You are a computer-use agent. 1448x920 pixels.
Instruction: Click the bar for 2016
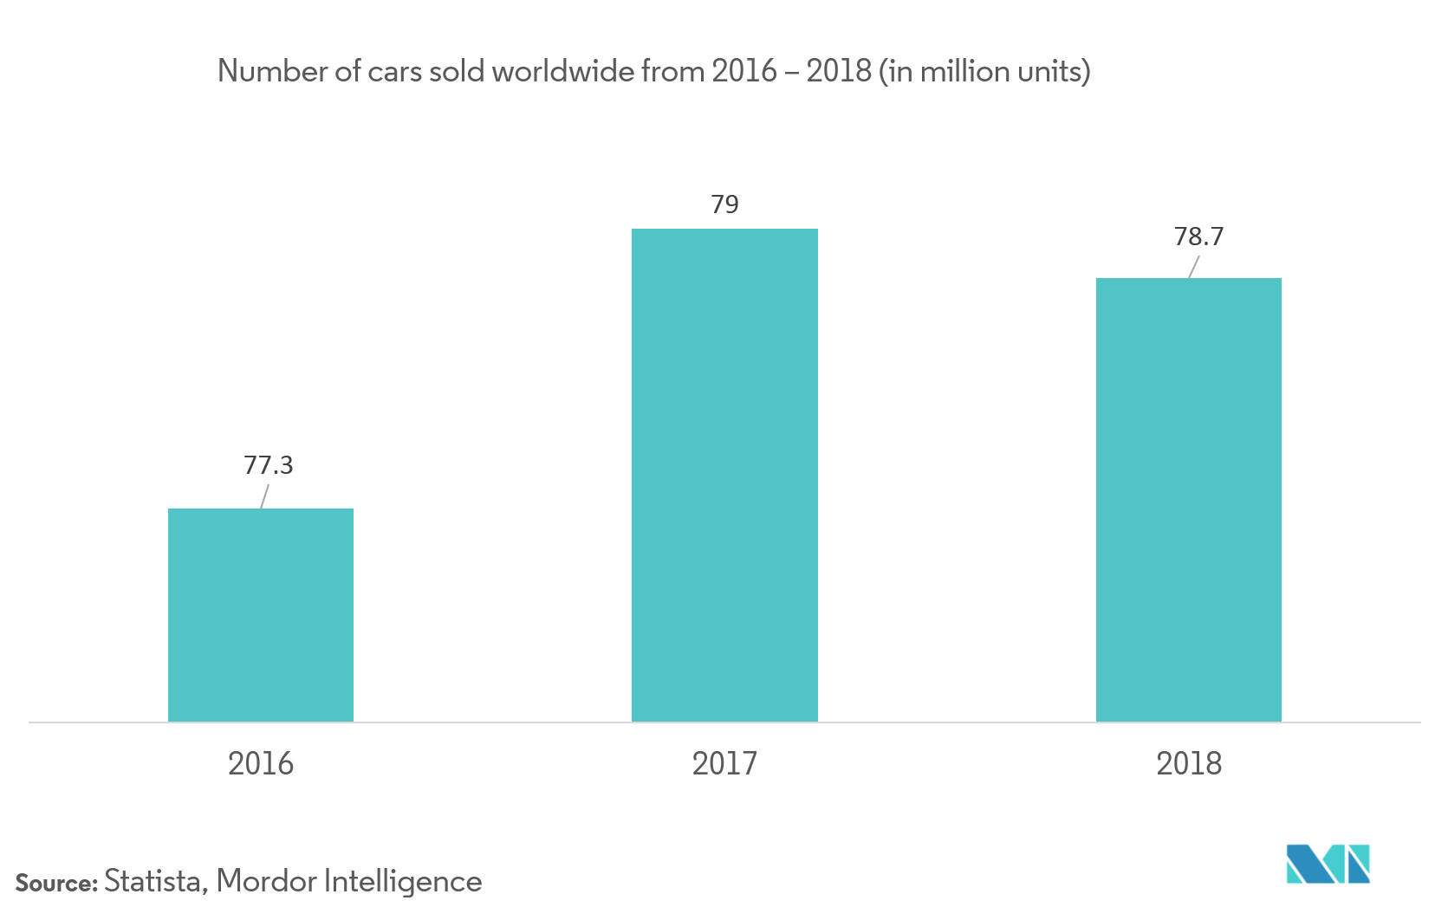tap(261, 615)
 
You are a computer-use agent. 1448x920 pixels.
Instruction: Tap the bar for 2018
tap(1188, 500)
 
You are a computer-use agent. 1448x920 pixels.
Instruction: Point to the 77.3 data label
tap(269, 465)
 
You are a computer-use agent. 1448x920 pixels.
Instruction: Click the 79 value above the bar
tap(724, 204)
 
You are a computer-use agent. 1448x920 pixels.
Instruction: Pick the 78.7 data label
tap(1198, 236)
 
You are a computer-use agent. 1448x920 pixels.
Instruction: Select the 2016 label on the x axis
tap(261, 764)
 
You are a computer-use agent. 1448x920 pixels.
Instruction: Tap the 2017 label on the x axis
tap(724, 764)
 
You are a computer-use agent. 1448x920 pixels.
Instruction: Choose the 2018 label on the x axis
tap(1189, 764)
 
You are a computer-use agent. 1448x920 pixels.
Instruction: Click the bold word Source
tap(56, 884)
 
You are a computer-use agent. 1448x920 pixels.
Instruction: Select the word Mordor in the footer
tap(266, 882)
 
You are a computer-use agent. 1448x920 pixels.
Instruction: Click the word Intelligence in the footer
tap(403, 882)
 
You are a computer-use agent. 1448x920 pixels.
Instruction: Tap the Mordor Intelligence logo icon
tap(1328, 864)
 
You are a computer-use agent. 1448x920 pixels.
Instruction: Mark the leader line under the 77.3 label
tap(264, 496)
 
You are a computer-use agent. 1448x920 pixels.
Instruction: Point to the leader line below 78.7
tap(1193, 267)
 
